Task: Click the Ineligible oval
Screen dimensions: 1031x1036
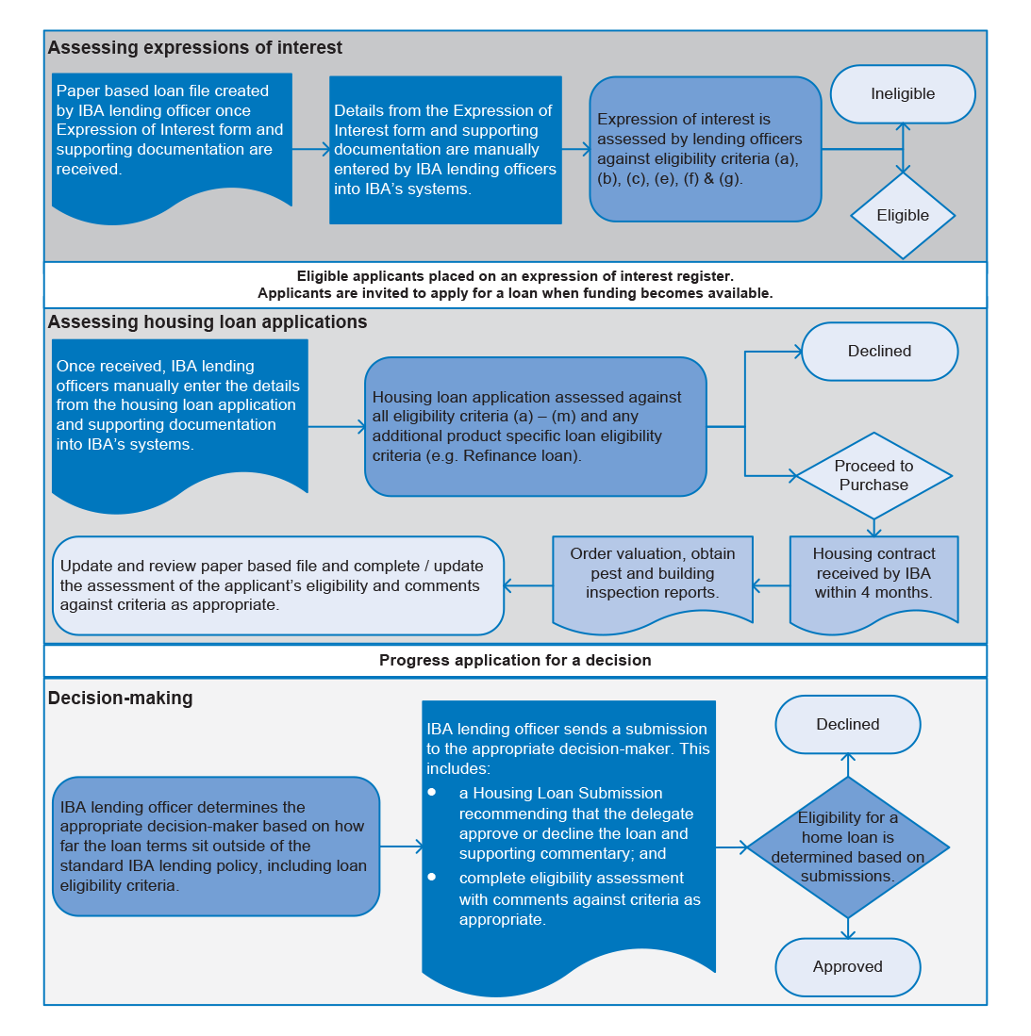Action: click(903, 94)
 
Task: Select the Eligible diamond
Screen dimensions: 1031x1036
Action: click(903, 215)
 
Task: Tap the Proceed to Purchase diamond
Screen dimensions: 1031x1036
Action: click(873, 476)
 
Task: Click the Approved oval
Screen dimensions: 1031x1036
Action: click(848, 966)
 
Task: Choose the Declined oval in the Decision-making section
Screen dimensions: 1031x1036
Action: click(848, 724)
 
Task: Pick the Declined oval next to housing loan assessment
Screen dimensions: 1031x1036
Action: click(879, 352)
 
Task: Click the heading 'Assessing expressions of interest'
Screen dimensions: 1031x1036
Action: click(195, 47)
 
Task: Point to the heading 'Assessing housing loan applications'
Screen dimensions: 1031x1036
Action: click(208, 321)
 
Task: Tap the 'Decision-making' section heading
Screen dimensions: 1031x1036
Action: click(121, 698)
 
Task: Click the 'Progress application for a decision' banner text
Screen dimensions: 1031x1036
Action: click(515, 660)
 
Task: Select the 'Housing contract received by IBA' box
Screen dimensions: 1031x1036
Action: click(873, 582)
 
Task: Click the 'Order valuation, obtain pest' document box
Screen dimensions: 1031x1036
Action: click(653, 582)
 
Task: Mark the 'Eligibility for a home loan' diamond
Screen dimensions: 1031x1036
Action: click(848, 847)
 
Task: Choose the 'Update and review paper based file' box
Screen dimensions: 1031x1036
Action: click(278, 585)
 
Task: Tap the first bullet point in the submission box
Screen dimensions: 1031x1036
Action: click(432, 792)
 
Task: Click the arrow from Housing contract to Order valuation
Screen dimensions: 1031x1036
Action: click(771, 585)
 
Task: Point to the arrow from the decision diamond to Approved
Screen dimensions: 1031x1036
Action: click(848, 929)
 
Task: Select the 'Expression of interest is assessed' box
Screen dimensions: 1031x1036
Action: click(706, 149)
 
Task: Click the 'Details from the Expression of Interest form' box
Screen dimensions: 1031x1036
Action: click(446, 150)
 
